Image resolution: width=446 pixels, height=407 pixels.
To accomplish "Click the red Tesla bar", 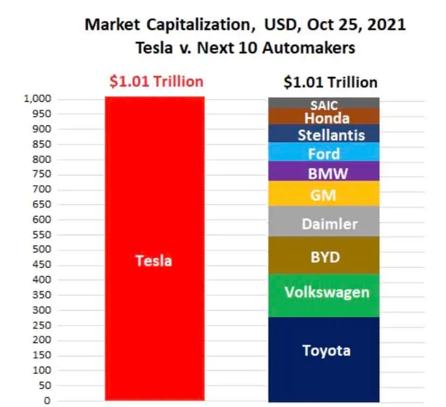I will coord(154,248).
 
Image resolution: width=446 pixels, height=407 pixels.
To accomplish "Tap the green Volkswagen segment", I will coord(324,295).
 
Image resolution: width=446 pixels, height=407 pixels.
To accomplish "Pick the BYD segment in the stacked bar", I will coord(324,256).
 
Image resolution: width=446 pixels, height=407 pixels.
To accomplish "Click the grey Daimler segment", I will coord(324,221).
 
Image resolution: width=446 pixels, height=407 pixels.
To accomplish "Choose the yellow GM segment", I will coord(324,193).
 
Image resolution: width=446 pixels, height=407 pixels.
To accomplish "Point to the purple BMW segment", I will coord(324,172).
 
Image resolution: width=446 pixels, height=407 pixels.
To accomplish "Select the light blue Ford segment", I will coord(324,152).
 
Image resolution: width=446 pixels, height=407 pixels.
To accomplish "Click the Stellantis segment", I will coord(324,134).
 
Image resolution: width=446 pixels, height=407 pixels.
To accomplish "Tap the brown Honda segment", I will coord(324,117).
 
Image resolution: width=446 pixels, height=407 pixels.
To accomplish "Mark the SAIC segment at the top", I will coord(324,103).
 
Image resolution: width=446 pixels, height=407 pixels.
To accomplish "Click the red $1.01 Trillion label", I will coord(156,81).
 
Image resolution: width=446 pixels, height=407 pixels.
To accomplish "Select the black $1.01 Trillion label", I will coord(331,82).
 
